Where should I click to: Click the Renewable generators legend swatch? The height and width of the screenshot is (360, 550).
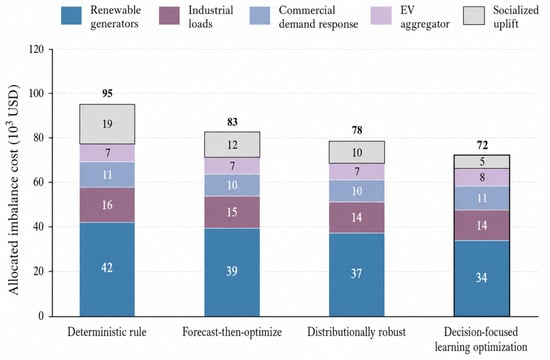coord(71,15)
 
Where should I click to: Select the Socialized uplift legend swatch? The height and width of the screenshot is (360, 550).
coord(474,15)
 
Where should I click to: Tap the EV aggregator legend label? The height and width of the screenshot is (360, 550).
coord(425,17)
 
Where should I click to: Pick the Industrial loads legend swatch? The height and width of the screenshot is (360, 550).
coord(169,15)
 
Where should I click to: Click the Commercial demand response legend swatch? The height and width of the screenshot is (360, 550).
coord(260,15)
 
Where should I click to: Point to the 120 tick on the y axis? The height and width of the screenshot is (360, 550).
coord(35,49)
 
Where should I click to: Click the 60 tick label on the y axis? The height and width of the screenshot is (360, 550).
coord(38,182)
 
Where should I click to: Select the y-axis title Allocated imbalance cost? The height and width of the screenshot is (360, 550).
coord(13,190)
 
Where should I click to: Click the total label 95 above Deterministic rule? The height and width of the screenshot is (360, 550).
coord(107,93)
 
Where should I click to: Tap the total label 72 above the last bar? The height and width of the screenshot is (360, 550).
coord(482,145)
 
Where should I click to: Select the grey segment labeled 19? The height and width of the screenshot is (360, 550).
coord(107,124)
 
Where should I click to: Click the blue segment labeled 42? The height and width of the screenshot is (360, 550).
coord(107,269)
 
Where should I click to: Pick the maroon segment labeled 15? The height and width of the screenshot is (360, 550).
coord(232,212)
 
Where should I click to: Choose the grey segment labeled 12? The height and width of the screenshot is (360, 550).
coord(232,145)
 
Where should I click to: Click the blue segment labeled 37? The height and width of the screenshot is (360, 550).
coord(357,275)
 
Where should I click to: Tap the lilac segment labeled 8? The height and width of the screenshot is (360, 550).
coord(482,177)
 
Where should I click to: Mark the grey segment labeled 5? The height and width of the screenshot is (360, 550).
coord(482,162)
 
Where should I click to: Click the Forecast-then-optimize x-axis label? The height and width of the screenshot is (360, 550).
coord(232,332)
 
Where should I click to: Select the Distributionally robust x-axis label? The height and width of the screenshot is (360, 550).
coord(356,332)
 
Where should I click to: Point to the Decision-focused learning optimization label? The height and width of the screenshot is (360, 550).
coord(481,339)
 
